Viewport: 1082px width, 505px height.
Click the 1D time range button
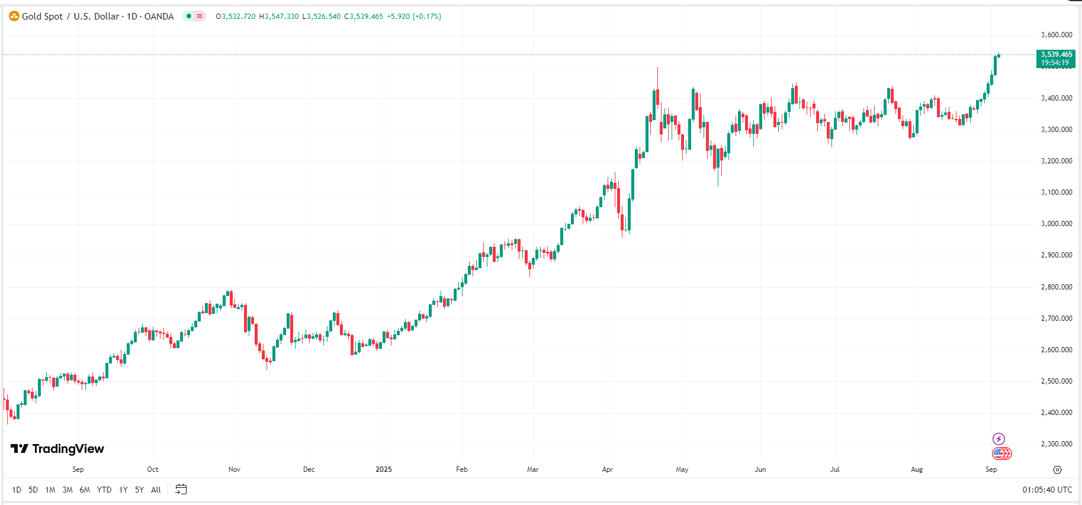pyautogui.click(x=17, y=490)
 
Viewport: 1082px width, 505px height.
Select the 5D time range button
pyautogui.click(x=33, y=490)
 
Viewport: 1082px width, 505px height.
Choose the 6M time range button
pyautogui.click(x=85, y=490)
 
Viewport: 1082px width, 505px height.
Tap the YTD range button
pyautogui.click(x=104, y=490)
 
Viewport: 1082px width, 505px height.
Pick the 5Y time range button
pyautogui.click(x=139, y=490)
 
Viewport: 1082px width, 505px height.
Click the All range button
pyautogui.click(x=156, y=490)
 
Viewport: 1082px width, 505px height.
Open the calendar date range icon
pyautogui.click(x=181, y=490)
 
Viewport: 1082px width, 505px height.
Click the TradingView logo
pyautogui.click(x=57, y=449)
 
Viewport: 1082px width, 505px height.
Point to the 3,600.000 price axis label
pyautogui.click(x=1057, y=35)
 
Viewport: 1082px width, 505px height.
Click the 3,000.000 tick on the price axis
pyautogui.click(x=1057, y=224)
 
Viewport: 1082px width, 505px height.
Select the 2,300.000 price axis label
pyautogui.click(x=1057, y=444)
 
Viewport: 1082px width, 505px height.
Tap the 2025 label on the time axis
pyautogui.click(x=384, y=469)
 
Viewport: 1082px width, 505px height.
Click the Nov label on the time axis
pyautogui.click(x=235, y=469)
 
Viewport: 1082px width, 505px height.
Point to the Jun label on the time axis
pyautogui.click(x=760, y=469)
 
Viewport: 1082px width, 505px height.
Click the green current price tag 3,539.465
pyautogui.click(x=1056, y=58)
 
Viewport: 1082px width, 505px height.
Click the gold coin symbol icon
pyautogui.click(x=14, y=16)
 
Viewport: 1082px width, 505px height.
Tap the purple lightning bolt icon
pyautogui.click(x=998, y=439)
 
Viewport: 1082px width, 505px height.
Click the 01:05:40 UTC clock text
pyautogui.click(x=1047, y=490)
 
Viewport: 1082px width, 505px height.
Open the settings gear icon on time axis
pyautogui.click(x=1057, y=469)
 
